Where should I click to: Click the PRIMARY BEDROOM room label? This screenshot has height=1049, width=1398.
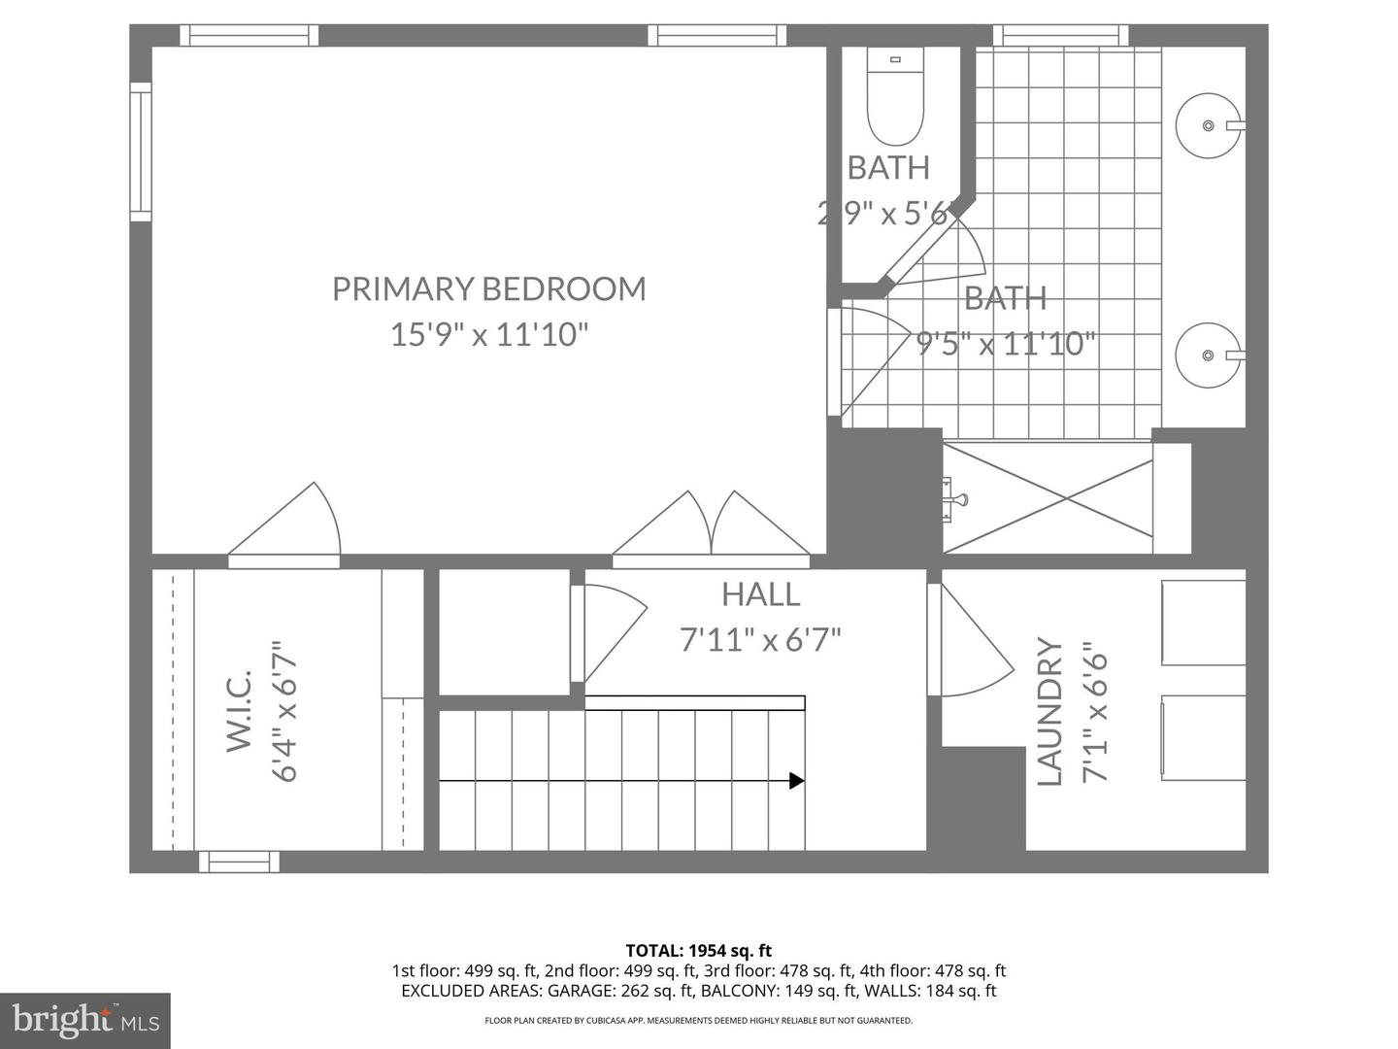pyautogui.click(x=488, y=288)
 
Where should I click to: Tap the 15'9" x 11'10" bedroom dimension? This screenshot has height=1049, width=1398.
pyautogui.click(x=488, y=335)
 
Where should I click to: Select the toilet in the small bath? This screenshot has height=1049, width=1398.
pyautogui.click(x=895, y=101)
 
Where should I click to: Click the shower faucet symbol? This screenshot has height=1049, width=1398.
pyautogui.click(x=954, y=499)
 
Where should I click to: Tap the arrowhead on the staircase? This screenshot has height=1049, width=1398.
pyautogui.click(x=796, y=780)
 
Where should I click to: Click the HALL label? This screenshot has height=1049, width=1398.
pyautogui.click(x=760, y=594)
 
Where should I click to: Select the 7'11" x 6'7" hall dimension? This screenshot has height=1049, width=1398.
pyautogui.click(x=760, y=640)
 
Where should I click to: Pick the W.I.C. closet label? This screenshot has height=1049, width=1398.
pyautogui.click(x=239, y=710)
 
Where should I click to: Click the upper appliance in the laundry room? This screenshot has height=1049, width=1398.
pyautogui.click(x=1203, y=623)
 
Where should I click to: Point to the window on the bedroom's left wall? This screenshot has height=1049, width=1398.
pyautogui.click(x=141, y=152)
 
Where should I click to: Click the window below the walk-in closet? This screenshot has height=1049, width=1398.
pyautogui.click(x=239, y=862)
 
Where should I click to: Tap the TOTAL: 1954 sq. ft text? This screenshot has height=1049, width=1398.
pyautogui.click(x=698, y=951)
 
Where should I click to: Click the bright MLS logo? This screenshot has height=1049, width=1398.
pyautogui.click(x=84, y=1020)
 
